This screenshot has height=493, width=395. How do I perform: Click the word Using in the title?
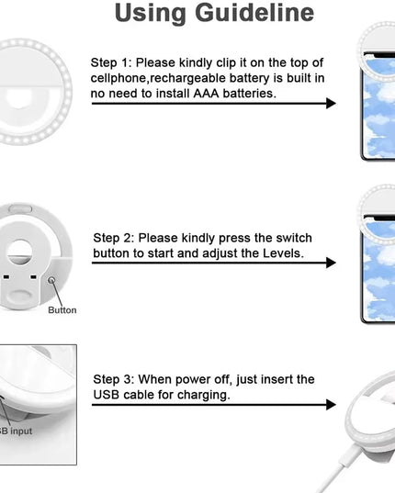pos(150,14)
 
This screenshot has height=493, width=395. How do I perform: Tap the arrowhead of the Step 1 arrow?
pos(331,104)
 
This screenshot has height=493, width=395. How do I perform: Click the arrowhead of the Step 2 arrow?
pos(331,263)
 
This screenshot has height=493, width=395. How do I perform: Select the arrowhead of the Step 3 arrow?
pos(331,405)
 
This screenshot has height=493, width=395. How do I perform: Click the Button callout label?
pos(62,310)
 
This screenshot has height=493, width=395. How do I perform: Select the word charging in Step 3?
pos(203,395)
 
